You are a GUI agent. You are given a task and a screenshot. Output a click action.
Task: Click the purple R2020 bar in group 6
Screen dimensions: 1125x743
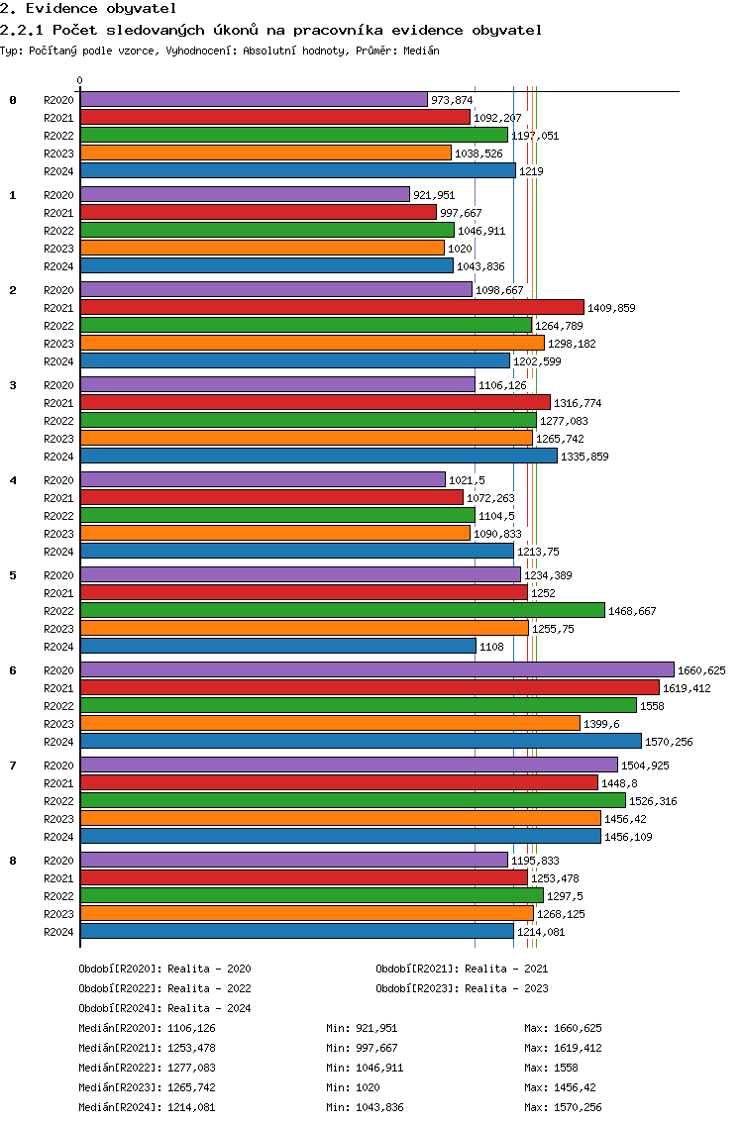click(x=376, y=669)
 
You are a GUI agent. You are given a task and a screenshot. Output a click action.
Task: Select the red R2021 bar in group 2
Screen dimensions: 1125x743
click(x=332, y=307)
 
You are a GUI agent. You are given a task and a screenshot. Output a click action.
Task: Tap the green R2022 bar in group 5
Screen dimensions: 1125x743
click(x=342, y=610)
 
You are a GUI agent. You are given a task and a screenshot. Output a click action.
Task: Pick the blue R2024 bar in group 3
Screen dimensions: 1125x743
click(x=318, y=456)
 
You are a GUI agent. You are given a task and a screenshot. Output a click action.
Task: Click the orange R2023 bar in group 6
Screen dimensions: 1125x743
click(x=329, y=723)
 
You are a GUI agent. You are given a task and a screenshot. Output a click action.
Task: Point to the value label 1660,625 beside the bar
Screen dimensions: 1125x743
click(x=701, y=670)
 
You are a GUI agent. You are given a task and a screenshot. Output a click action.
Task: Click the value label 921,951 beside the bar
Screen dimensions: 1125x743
click(x=434, y=195)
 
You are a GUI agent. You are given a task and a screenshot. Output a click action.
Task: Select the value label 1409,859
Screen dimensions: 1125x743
click(x=611, y=308)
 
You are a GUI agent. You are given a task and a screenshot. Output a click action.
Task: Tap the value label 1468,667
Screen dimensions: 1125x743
click(x=632, y=611)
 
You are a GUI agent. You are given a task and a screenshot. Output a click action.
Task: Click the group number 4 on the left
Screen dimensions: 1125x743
click(x=13, y=480)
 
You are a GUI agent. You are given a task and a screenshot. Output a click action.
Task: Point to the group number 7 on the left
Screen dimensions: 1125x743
click(x=13, y=766)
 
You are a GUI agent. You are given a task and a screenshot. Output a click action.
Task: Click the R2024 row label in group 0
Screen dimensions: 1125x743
click(x=57, y=171)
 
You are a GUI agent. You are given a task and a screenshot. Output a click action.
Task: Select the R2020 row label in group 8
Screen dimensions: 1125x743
click(x=57, y=861)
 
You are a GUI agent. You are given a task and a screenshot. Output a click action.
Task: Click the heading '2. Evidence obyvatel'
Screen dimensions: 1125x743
click(x=74, y=9)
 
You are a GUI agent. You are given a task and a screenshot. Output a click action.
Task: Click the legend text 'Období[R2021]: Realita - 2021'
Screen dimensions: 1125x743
click(x=462, y=969)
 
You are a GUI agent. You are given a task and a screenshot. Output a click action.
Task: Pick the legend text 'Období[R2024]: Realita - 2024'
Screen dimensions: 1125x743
click(x=164, y=1008)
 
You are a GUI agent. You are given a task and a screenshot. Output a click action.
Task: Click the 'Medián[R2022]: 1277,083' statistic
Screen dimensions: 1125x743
click(x=147, y=1068)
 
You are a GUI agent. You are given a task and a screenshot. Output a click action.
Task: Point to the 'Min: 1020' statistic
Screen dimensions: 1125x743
click(x=351, y=1087)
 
